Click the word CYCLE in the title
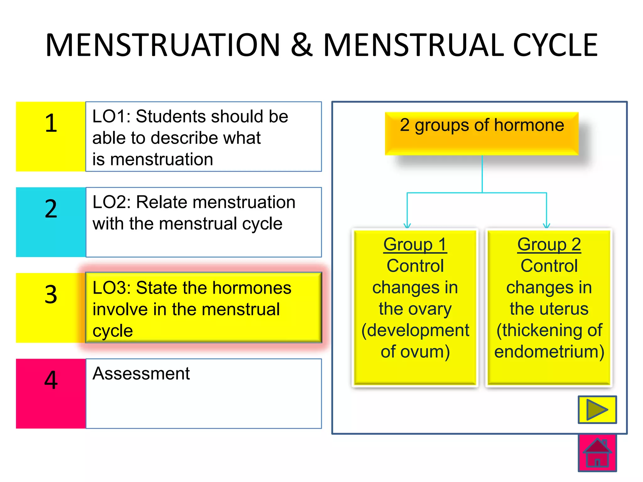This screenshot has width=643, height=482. coord(555,46)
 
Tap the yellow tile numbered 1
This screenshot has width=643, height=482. coord(51,137)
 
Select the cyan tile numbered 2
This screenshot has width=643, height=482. coord(51,222)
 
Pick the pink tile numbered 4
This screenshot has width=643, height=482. coord(51,394)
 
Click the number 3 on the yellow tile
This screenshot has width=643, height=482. coord(51,294)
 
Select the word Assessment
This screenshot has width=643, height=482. coord(141,373)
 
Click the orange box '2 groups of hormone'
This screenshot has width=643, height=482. coord(482,133)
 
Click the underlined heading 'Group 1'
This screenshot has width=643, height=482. coord(415,244)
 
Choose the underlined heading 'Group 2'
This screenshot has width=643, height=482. coord(549,244)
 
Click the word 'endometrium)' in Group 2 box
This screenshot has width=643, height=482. coord(549,351)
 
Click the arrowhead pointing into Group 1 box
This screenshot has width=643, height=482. coord(407,225)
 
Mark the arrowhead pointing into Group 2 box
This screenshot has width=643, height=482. coord(547,225)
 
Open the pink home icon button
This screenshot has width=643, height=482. coord(597,453)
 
